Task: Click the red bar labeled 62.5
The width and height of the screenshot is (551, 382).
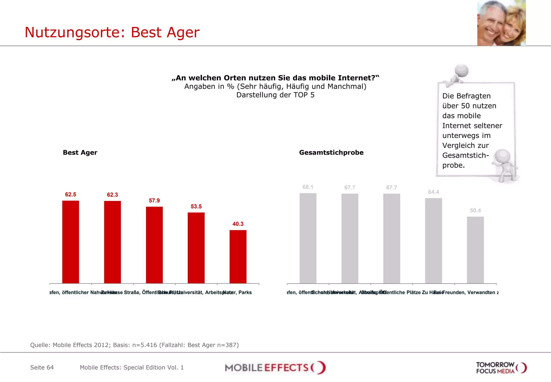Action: [70, 242]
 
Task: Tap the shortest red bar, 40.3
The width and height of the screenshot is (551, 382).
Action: [238, 256]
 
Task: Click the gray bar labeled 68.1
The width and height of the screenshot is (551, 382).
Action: [308, 238]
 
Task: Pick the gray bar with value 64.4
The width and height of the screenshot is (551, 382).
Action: [433, 241]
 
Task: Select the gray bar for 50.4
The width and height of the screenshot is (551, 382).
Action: [475, 250]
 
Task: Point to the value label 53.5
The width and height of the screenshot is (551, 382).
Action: [196, 206]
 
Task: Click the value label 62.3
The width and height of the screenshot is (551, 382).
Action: [112, 195]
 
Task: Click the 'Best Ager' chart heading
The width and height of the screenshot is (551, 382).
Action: [80, 152]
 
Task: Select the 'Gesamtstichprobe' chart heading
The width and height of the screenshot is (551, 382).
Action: [331, 152]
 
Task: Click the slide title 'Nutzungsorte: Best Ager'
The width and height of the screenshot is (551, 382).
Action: [112, 32]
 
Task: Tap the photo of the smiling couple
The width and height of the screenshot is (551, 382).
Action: [501, 23]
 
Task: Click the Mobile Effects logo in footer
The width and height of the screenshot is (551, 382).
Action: [275, 367]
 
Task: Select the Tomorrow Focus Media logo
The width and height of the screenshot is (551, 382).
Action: [501, 368]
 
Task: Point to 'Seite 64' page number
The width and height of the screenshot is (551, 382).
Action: [42, 367]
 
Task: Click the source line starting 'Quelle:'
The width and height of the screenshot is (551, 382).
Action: [134, 345]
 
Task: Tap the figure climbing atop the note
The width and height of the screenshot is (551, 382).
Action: [458, 75]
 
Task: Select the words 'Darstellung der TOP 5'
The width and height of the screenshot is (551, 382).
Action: [275, 95]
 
